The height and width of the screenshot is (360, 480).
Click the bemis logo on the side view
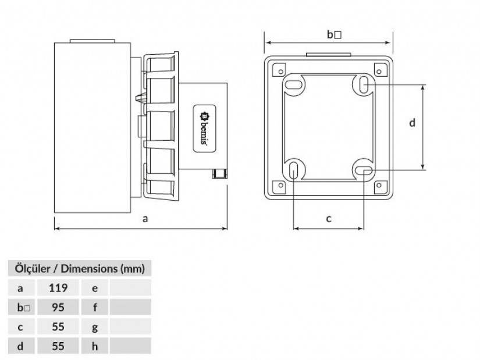click(x=204, y=129)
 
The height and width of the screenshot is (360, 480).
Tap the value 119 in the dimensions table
click(x=58, y=288)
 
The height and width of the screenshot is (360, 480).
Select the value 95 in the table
click(x=58, y=307)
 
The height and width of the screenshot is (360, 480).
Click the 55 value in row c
click(x=58, y=327)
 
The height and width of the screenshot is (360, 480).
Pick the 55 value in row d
click(x=58, y=346)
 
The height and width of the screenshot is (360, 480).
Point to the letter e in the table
click(x=95, y=288)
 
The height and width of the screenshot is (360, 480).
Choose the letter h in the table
click(x=95, y=346)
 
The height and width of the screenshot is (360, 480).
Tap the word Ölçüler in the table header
click(x=33, y=269)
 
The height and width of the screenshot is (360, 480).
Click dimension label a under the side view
click(x=145, y=219)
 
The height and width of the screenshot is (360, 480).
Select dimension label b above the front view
click(x=330, y=34)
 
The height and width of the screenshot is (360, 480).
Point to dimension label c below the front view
click(x=329, y=219)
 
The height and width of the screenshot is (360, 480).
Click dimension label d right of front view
click(x=413, y=123)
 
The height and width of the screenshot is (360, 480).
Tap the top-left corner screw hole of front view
click(x=281, y=72)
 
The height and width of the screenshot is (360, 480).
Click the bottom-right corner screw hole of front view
click(x=379, y=185)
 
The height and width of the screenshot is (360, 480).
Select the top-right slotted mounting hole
click(x=364, y=84)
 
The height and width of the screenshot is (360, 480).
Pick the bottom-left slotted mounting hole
click(x=293, y=170)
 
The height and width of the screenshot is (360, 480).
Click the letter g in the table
click(x=95, y=327)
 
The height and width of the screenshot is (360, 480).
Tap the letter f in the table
click(x=95, y=307)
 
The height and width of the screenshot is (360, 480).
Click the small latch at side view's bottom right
click(x=219, y=174)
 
